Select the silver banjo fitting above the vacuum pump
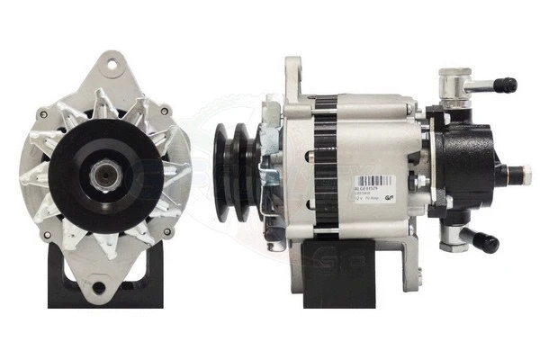click(x=449, y=85)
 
